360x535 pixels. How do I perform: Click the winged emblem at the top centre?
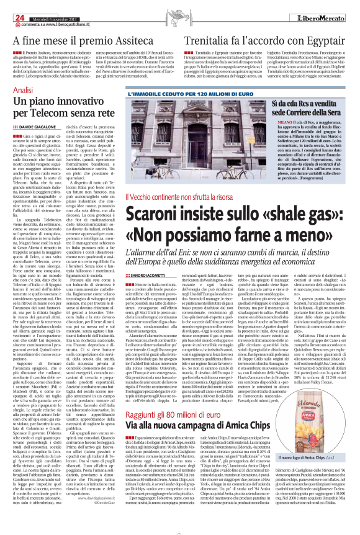180,8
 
